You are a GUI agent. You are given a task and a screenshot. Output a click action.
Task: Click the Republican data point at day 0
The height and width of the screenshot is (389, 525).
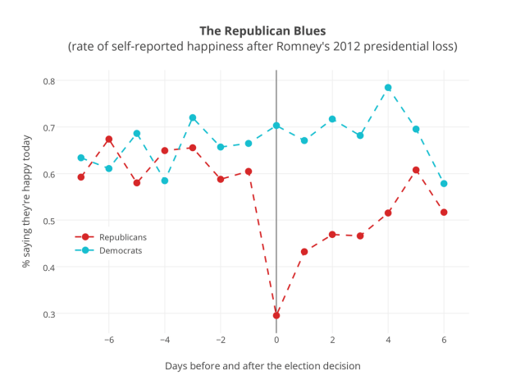[276, 315]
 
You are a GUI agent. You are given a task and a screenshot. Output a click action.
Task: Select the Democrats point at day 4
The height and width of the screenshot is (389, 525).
[388, 88]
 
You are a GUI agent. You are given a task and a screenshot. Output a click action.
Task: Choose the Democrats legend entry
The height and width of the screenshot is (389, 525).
[121, 250]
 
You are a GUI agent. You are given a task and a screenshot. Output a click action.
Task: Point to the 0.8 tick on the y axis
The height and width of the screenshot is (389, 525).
[48, 81]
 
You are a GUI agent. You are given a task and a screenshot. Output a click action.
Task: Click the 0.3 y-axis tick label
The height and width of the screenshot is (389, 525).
[48, 314]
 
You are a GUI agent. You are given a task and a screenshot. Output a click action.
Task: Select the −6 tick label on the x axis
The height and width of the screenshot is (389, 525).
[108, 340]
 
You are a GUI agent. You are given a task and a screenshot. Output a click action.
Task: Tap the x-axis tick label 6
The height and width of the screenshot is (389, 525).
[444, 340]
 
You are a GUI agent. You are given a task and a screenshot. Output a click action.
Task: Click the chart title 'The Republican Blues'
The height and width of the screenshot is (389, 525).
[262, 30]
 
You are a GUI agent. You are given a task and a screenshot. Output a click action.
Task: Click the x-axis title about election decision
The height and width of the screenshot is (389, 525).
[262, 365]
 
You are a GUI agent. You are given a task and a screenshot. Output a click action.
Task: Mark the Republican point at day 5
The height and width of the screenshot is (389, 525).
[416, 170]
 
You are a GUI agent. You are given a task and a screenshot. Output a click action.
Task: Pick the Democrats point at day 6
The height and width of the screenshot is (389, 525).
[444, 184]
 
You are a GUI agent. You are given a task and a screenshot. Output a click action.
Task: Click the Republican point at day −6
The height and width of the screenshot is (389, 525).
[109, 140]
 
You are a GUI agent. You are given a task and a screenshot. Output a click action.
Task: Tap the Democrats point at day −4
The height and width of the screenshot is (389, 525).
[165, 181]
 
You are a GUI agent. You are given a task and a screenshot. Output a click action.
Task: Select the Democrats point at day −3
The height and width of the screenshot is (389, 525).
[193, 117]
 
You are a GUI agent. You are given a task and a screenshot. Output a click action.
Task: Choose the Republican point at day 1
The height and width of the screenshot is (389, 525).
[304, 252]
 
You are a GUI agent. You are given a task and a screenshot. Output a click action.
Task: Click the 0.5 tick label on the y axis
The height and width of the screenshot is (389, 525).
[48, 221]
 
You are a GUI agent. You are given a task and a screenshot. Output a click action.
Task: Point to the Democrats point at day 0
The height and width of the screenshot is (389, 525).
[276, 126]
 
